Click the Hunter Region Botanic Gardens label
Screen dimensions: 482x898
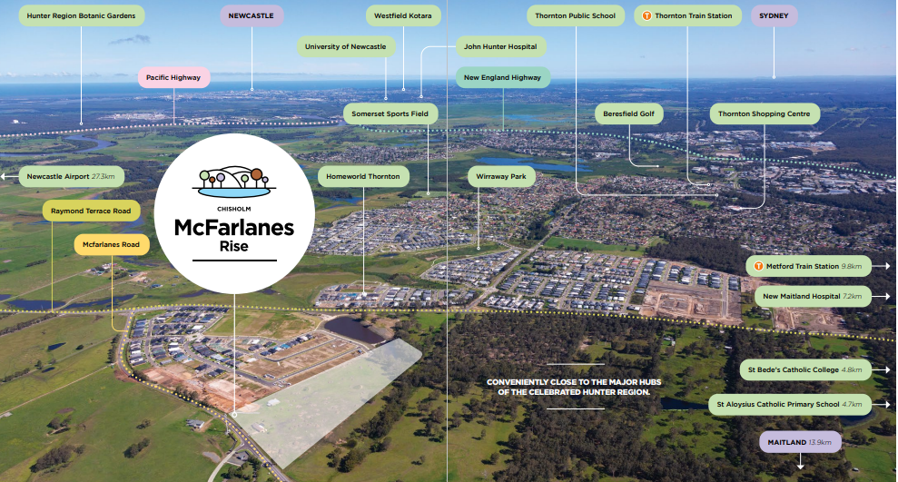(81, 15)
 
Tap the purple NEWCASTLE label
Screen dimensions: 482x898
(252, 15)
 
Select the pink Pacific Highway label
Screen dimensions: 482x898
(174, 77)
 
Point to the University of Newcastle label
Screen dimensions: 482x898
(345, 46)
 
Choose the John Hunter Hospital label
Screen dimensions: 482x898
(500, 46)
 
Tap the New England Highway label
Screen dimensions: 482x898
(502, 77)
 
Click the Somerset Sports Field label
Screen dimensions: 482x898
(390, 113)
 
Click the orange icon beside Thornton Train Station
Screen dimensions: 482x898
(646, 15)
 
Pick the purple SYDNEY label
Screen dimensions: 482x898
(774, 15)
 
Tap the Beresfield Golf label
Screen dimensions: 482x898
(629, 113)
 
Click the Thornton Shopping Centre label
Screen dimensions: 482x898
(765, 113)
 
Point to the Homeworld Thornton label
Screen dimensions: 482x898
(364, 175)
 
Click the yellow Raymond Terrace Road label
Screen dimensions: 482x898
(91, 211)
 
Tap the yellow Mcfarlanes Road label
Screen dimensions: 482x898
(111, 244)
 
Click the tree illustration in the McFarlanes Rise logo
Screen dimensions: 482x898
(234, 182)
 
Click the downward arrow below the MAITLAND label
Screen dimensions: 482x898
(800, 464)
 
